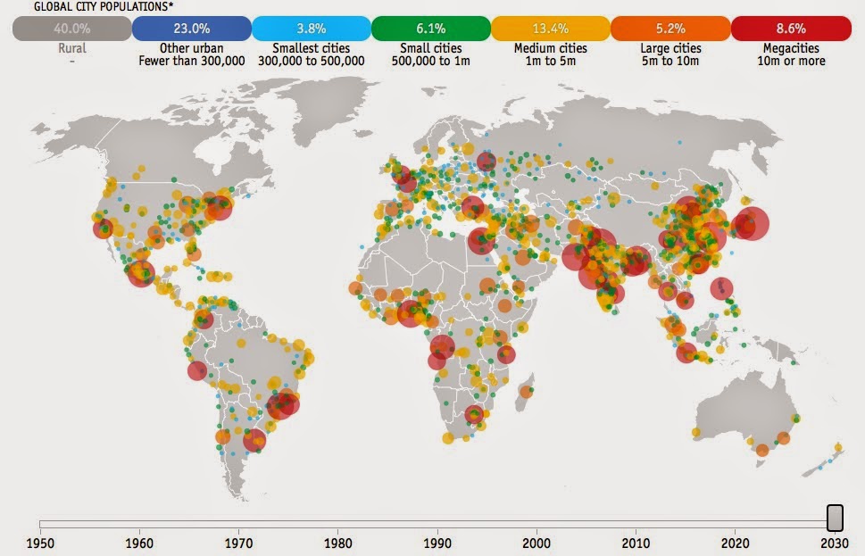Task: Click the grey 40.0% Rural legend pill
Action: pos(71,29)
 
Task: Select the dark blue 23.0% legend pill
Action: pos(191,29)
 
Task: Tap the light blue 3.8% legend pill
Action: pos(311,29)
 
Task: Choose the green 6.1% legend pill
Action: pos(430,29)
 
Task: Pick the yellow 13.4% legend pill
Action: pos(550,29)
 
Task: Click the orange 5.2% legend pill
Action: pos(670,29)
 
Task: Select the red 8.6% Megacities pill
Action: pos(790,29)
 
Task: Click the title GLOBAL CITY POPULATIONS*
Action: pos(90,6)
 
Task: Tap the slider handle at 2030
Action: pos(835,518)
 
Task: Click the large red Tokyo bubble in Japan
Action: pos(751,223)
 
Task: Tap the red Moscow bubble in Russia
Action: pos(487,162)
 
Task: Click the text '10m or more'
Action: pos(790,61)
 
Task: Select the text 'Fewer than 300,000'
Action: pos(191,61)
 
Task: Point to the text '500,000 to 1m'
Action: pos(430,61)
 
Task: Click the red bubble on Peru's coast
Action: pos(197,370)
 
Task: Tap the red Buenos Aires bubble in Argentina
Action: pos(254,440)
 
